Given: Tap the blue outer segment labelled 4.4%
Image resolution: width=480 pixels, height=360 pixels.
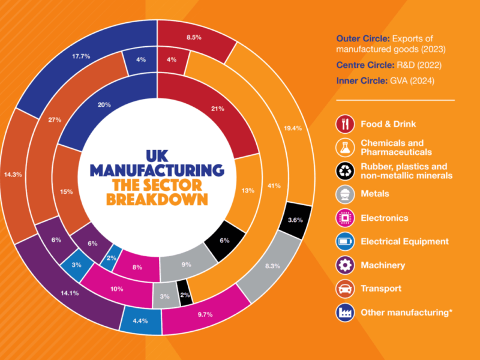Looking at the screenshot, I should [139, 320].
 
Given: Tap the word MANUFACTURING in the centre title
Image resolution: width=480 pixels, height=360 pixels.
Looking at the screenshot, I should [157, 170].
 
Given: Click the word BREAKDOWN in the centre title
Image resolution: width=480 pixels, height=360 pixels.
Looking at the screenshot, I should [157, 197].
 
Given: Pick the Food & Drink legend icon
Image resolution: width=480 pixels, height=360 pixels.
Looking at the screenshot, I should [344, 124].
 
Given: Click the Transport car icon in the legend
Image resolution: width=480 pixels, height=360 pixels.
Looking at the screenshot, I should [344, 289].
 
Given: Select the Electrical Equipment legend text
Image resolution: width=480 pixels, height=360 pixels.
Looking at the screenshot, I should [404, 242].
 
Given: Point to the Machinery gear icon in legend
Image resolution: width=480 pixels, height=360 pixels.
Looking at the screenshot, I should [344, 265].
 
